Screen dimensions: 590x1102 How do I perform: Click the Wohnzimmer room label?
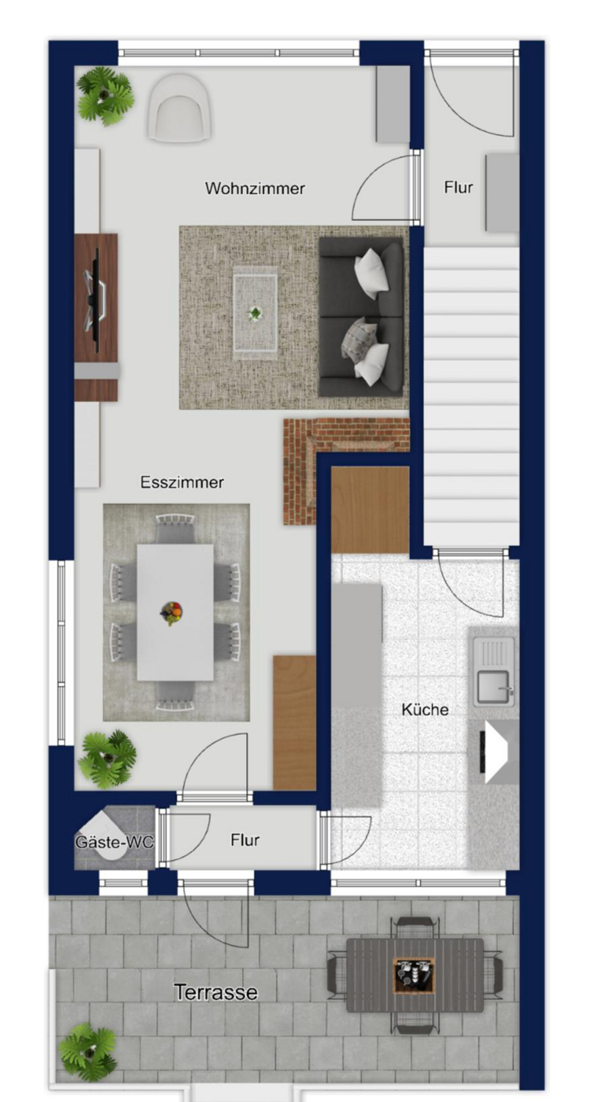pos(255,188)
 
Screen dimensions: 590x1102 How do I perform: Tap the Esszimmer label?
pos(182,482)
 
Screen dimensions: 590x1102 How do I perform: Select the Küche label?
pos(425,709)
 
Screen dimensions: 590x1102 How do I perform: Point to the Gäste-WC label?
pos(115,842)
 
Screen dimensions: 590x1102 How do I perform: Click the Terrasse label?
pos(216,992)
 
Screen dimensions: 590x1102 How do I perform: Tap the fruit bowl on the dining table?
pos(170,613)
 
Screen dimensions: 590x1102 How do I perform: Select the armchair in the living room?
pos(180,108)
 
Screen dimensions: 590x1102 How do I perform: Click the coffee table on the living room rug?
pos(255,313)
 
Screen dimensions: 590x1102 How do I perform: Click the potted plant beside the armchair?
pos(105,95)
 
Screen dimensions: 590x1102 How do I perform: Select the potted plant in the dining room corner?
pos(107,759)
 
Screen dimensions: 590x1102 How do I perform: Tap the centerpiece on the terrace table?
pos(414,973)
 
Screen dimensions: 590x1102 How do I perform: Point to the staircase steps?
pos(472,397)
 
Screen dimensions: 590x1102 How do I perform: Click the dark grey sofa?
pos(361,317)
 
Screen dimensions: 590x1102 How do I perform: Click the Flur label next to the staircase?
pos(458,187)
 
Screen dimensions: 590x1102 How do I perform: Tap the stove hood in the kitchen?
pos(497,752)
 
